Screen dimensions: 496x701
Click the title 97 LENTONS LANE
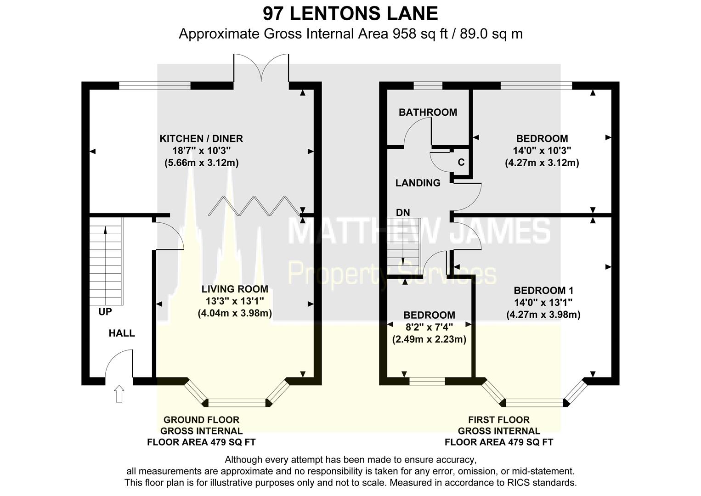(350, 13)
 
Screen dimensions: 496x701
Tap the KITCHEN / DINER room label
(201, 139)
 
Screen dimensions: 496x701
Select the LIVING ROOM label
(235, 289)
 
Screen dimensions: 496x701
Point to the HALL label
(122, 333)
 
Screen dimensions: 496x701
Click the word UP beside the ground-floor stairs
(105, 312)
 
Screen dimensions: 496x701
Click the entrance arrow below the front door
(119, 394)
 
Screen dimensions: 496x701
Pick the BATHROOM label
(428, 113)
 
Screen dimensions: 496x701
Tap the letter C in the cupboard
(461, 163)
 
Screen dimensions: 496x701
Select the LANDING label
(418, 183)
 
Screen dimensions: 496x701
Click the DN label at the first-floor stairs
(403, 213)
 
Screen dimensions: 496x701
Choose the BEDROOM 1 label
(543, 291)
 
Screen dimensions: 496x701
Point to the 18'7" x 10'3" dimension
(201, 151)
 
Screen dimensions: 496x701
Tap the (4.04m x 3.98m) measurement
(235, 314)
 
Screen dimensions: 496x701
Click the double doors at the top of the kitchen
(261, 69)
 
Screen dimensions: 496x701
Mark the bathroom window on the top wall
(428, 85)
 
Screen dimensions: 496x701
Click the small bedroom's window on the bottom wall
(427, 381)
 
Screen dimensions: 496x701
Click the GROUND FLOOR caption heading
(201, 420)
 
